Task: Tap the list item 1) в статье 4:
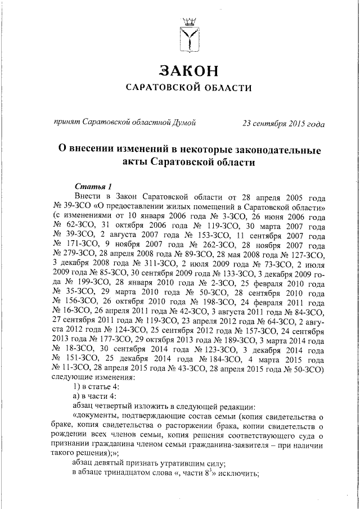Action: tap(97, 388)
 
